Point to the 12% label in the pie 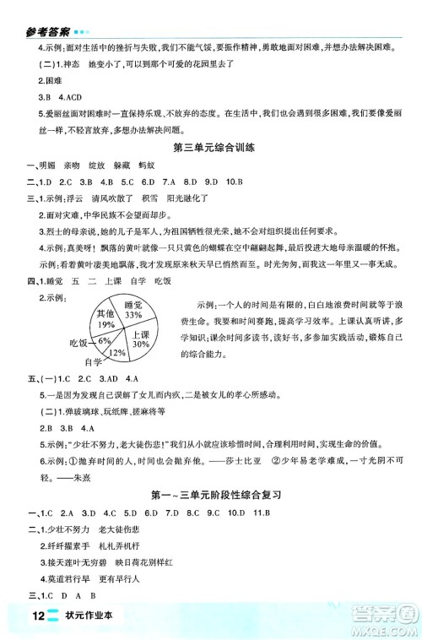[x=118, y=351]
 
